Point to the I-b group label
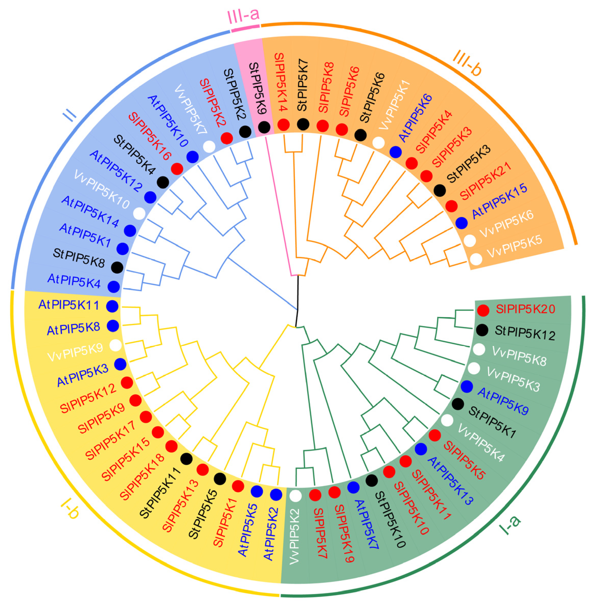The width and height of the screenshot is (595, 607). (70, 510)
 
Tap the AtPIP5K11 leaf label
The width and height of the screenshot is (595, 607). (69, 305)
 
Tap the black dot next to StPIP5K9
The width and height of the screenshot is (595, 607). (264, 127)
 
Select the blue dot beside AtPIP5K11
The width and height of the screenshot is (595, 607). (112, 306)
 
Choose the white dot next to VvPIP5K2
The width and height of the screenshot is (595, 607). (295, 495)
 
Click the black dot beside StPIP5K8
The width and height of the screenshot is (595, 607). (117, 267)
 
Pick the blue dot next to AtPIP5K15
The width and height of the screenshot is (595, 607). (461, 223)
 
